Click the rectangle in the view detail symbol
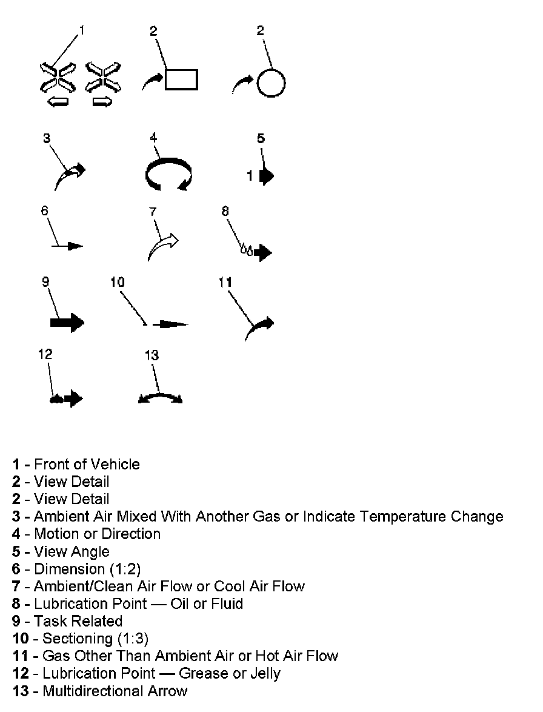tap(181, 79)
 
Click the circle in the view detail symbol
tap(270, 82)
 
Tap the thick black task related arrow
tap(67, 322)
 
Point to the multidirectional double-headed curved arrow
tap(160, 397)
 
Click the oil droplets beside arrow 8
tap(245, 249)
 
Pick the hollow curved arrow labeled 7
tap(162, 245)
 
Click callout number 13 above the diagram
tap(152, 355)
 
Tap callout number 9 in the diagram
tap(45, 281)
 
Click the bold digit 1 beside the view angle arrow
tap(250, 176)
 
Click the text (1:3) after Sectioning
tap(132, 639)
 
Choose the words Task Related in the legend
tap(78, 621)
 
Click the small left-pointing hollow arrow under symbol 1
tap(58, 102)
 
